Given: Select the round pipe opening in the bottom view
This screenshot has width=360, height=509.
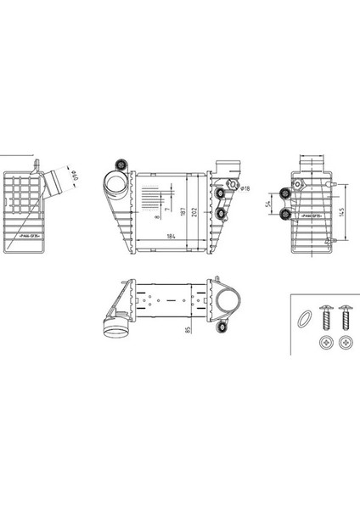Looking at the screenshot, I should pos(227,303).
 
